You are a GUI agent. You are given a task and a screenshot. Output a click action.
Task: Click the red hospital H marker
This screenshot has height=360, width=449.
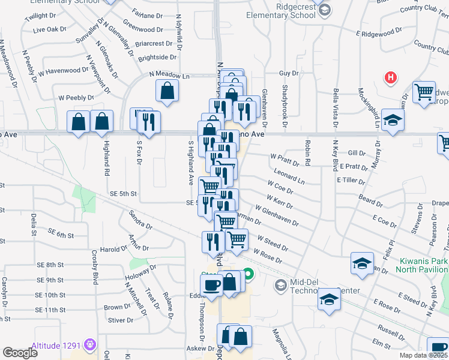(x=391, y=77)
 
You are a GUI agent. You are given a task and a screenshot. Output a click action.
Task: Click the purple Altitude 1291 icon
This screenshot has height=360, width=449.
(x=91, y=344)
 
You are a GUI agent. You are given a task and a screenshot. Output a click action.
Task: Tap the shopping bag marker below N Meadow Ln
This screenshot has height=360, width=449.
(x=167, y=91)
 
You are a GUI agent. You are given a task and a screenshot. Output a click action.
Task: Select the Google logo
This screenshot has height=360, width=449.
(x=20, y=353)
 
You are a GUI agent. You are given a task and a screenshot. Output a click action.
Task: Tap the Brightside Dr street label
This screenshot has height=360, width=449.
(x=157, y=58)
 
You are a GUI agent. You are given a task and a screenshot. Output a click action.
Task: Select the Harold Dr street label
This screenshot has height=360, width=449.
(x=112, y=249)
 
